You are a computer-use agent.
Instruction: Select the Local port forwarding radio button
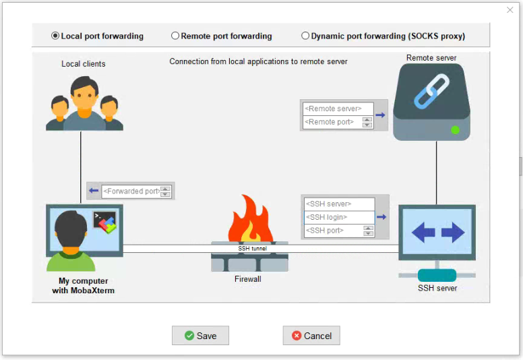coord(55,36)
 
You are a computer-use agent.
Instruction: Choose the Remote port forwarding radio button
coord(175,36)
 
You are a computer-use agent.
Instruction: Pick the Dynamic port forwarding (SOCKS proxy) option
coord(305,36)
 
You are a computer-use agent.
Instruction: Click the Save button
coord(200,336)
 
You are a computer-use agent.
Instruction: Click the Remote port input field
coord(332,122)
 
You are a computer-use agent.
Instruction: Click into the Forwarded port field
coord(131,191)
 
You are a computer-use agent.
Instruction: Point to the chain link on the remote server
coord(431,92)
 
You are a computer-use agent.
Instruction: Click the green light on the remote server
coord(455,129)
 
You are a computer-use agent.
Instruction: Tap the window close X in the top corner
coord(510,10)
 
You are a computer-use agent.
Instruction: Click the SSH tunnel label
coord(252,249)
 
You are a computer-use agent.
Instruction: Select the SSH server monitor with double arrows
coord(437,233)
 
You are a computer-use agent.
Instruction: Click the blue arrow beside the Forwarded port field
coord(94,191)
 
